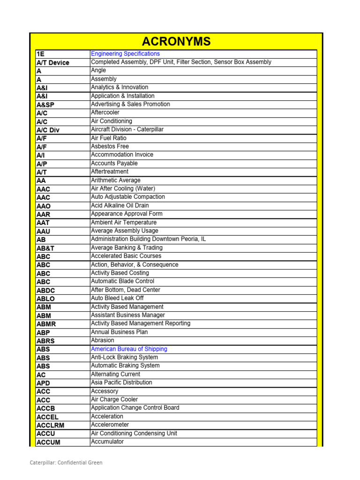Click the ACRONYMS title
(176, 42)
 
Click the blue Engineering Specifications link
(119, 54)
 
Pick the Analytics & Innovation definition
(120, 87)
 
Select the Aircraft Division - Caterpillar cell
(127, 129)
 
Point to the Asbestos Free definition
(110, 146)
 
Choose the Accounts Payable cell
(114, 163)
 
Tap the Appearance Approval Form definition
(127, 214)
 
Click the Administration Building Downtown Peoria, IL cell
(148, 239)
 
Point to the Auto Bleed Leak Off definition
(117, 298)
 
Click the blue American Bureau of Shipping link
(129, 349)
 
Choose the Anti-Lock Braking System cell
(124, 357)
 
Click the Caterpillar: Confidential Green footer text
(66, 463)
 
